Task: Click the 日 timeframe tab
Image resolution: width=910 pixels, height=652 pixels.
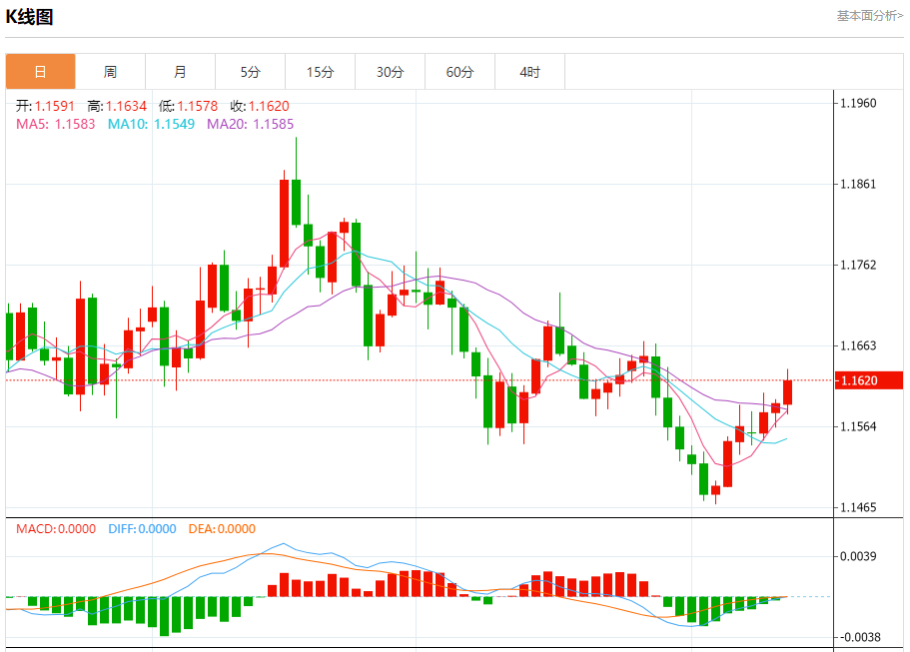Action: [x=40, y=72]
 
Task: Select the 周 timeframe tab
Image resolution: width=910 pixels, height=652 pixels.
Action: [x=110, y=72]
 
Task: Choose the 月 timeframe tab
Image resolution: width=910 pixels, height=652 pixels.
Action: [x=180, y=72]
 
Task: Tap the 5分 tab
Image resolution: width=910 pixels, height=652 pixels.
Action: [x=250, y=72]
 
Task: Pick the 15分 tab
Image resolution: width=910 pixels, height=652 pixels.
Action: [x=320, y=72]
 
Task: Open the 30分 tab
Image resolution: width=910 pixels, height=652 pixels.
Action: [x=391, y=72]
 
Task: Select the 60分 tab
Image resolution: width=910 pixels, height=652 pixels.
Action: [x=460, y=72]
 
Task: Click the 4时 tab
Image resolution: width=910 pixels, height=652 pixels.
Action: [x=530, y=72]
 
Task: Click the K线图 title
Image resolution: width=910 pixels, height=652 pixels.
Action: [x=30, y=17]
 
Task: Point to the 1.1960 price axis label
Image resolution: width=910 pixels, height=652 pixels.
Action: [x=859, y=103]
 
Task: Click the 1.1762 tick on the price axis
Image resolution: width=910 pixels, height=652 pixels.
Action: [x=859, y=265]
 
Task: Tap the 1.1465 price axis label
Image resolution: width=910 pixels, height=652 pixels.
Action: [x=859, y=507]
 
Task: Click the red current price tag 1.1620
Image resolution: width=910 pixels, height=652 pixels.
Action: [x=868, y=380]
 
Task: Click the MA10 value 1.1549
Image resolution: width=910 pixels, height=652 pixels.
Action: [x=174, y=124]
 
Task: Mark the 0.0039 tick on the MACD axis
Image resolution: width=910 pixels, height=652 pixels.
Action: [x=859, y=556]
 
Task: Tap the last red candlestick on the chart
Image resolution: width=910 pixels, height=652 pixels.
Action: [x=788, y=391]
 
